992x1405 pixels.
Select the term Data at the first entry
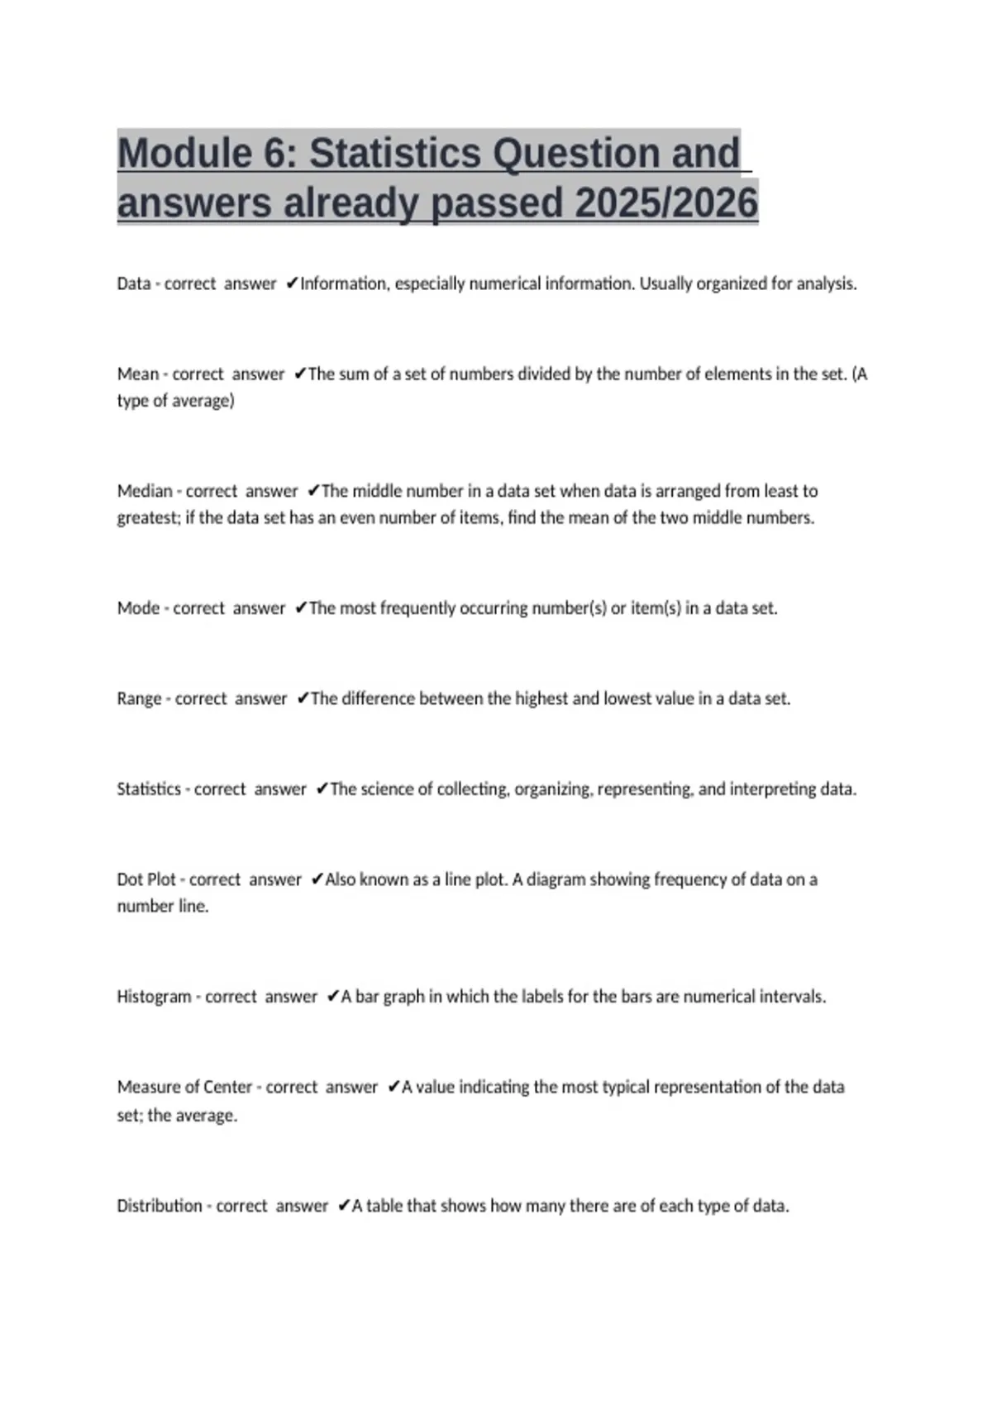point(133,283)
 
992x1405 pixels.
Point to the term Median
point(145,491)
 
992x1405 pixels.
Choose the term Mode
point(138,608)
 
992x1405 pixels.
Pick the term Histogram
point(153,997)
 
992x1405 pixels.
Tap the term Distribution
point(160,1206)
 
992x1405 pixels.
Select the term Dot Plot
point(146,879)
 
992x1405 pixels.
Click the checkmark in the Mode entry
point(301,608)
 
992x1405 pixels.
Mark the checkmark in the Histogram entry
point(333,997)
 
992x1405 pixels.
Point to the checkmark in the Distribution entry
point(344,1206)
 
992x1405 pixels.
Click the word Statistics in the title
point(394,153)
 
